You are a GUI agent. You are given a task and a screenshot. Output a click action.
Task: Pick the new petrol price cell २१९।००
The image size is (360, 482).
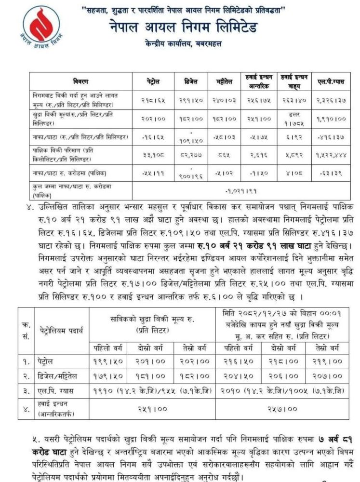(x=321, y=360)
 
